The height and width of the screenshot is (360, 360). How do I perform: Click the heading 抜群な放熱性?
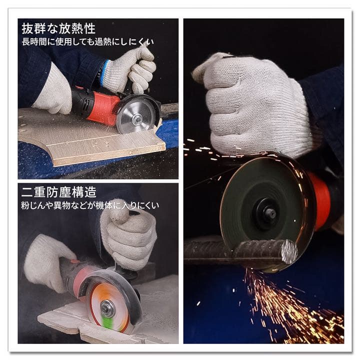[58, 28]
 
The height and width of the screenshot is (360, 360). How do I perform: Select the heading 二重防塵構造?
[58, 192]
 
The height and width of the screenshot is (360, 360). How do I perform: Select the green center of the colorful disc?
[107, 308]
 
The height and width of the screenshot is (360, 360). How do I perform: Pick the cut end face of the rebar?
[289, 251]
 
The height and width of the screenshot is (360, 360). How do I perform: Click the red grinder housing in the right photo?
[320, 200]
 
